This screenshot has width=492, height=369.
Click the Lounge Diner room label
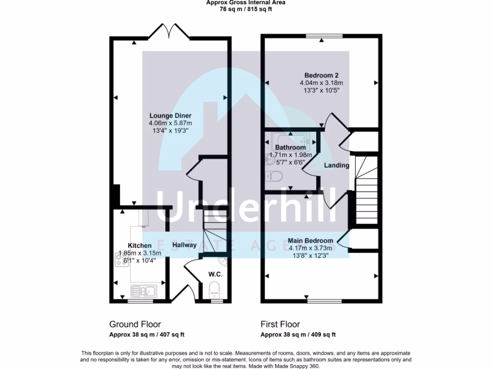tap(170, 116)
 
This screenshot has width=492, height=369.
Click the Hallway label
tap(184, 245)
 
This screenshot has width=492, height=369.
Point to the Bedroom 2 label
tap(321, 75)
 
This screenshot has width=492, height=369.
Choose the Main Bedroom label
tap(311, 241)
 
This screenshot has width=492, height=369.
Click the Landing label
tap(336, 165)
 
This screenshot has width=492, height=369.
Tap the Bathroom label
tap(290, 148)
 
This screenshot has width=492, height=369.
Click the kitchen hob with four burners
tap(119, 260)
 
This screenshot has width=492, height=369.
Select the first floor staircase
tap(366, 190)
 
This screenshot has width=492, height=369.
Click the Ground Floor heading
tap(135, 324)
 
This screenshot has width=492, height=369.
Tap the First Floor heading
tap(280, 324)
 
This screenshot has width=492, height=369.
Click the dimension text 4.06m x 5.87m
tap(170, 123)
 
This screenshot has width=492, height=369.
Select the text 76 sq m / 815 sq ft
tap(246, 9)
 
